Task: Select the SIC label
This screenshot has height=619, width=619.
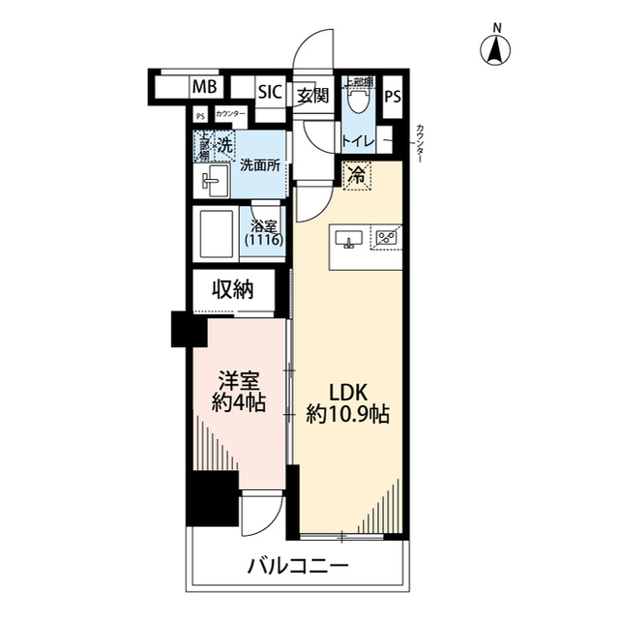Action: click(269, 92)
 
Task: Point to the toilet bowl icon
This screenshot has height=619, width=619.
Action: click(359, 97)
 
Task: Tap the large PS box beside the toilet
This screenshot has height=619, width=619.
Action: click(392, 98)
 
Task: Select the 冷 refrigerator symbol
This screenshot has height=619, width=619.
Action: click(357, 175)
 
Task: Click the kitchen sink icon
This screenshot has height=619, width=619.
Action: click(348, 237)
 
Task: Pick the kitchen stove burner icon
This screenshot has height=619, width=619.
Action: click(387, 236)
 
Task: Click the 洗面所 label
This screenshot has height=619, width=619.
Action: click(259, 164)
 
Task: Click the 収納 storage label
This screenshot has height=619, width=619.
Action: click(233, 288)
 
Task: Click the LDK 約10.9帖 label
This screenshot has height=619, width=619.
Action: click(347, 405)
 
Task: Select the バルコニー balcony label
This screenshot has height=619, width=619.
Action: click(297, 565)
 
